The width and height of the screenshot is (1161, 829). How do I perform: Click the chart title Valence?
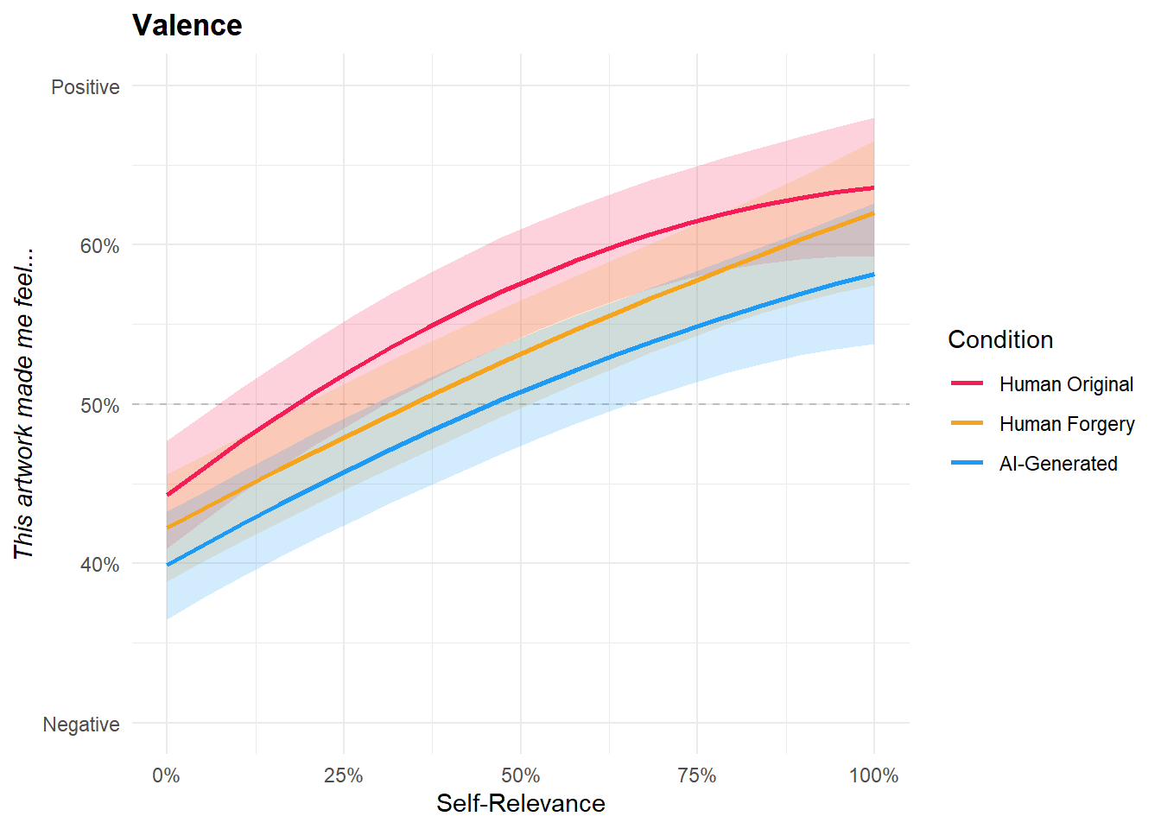pos(187,25)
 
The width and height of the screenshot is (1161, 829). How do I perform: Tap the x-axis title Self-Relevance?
pos(520,803)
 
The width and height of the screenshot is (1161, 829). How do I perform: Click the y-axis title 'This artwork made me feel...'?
pos(24,404)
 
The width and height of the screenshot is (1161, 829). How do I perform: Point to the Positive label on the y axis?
pos(85,87)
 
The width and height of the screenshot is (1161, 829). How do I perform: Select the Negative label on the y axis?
pos(81,725)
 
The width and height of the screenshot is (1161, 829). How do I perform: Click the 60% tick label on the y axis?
pos(99,246)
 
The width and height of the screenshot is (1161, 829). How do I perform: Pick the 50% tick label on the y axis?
pos(99,406)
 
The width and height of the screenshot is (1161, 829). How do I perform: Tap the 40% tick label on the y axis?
pos(99,565)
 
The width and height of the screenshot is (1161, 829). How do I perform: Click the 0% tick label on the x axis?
pos(166,775)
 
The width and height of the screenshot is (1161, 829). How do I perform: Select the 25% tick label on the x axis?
pos(343,775)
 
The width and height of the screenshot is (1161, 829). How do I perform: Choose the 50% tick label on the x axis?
pos(520,775)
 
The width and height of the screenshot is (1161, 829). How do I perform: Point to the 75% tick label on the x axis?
pos(697,775)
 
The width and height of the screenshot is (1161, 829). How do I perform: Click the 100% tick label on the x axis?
pos(873,775)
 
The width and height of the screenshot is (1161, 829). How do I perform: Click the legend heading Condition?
pos(1000,339)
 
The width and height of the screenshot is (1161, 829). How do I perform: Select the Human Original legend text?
pos(1066,384)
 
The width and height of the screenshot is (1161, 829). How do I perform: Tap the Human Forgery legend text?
pos(1067,424)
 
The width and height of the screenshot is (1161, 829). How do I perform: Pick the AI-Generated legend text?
pos(1058,464)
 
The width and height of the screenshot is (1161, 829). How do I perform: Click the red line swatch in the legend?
pos(967,383)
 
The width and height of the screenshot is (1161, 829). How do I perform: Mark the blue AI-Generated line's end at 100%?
pos(873,275)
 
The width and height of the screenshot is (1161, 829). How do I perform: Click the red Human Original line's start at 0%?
pos(168,495)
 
